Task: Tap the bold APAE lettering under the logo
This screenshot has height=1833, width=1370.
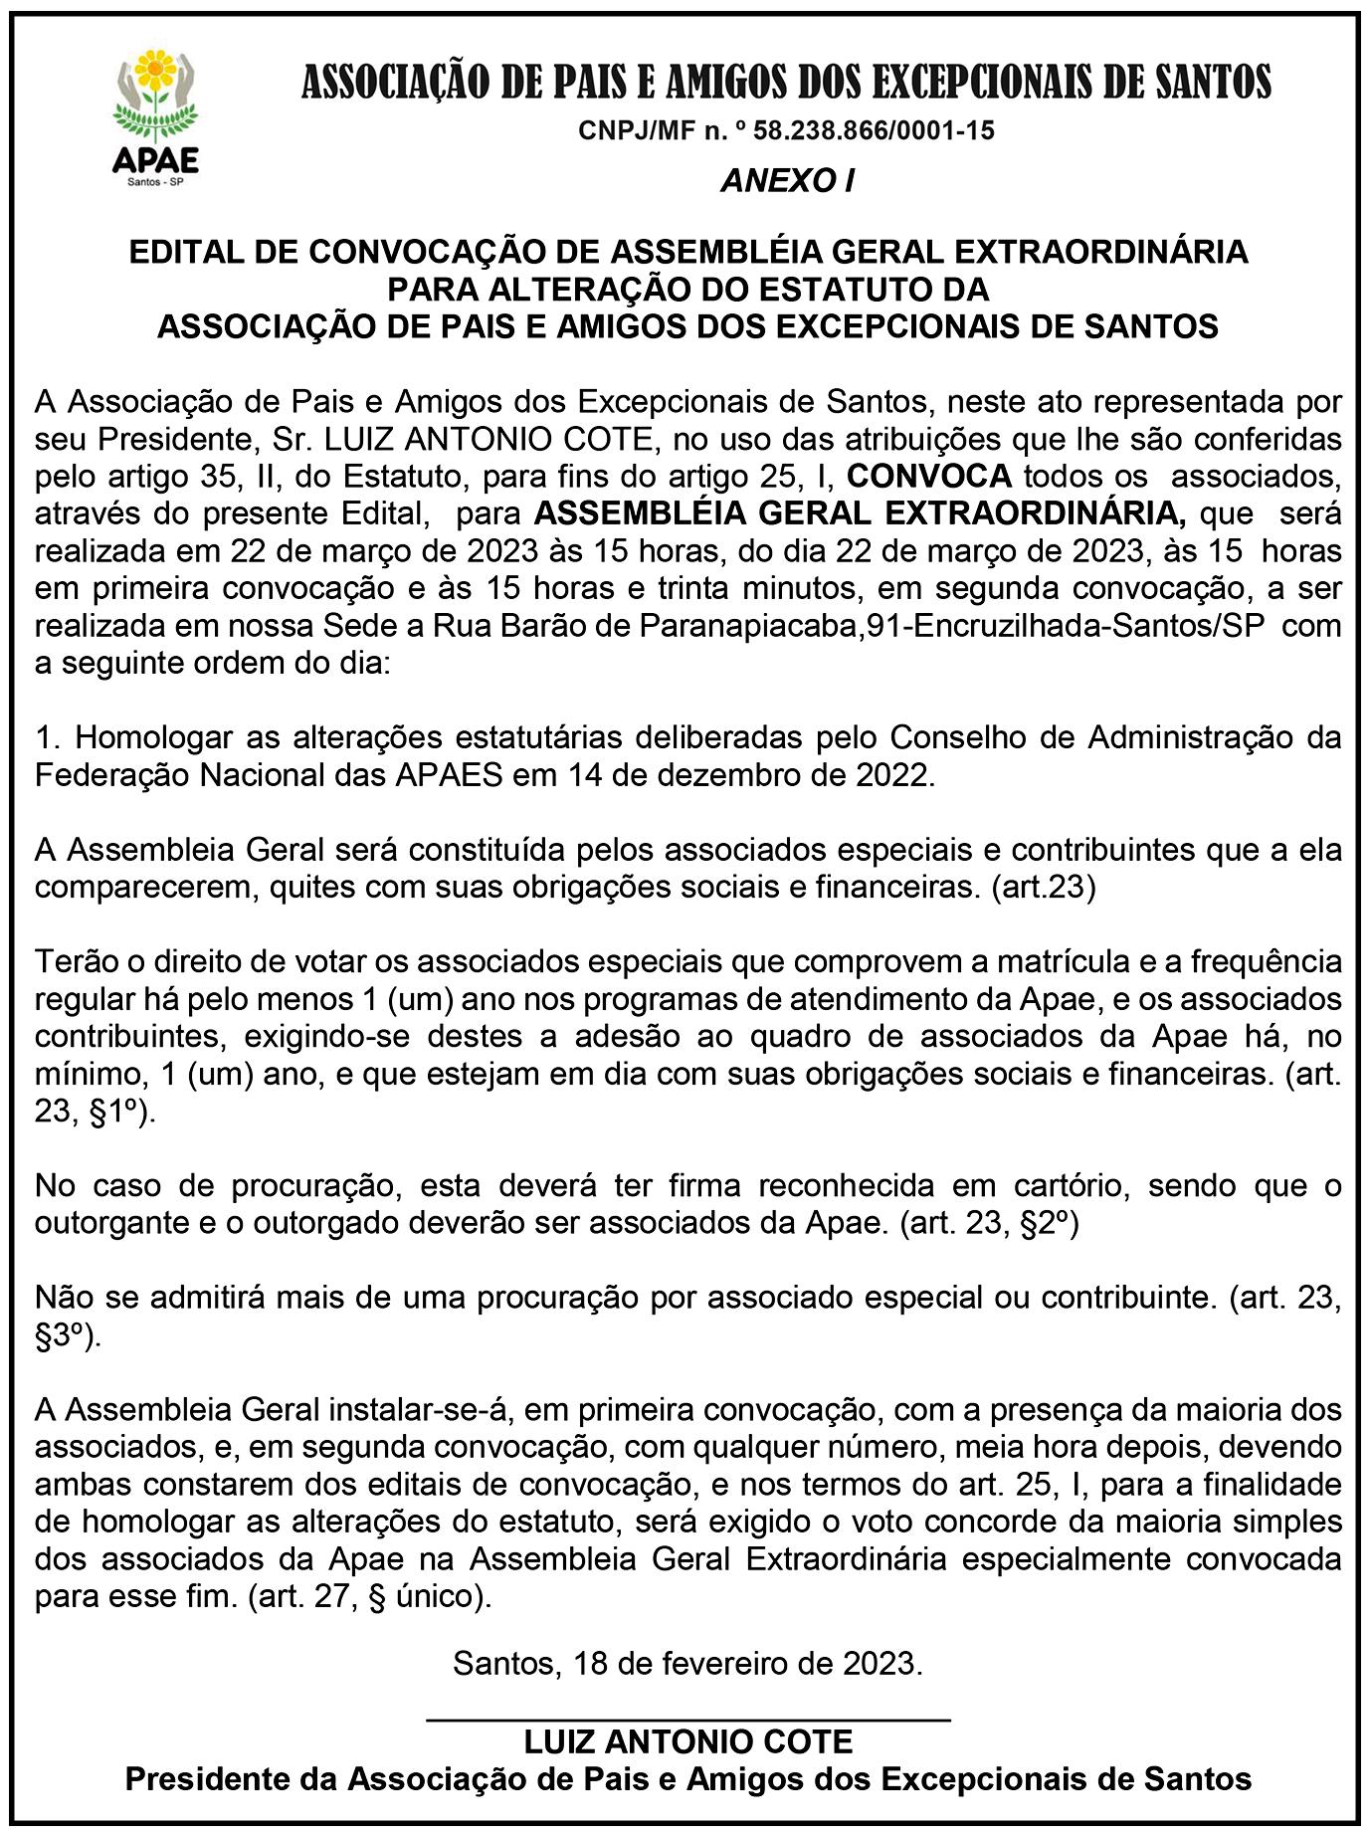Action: pos(155,159)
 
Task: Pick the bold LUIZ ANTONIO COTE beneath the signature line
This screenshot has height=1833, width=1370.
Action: pos(688,1741)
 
